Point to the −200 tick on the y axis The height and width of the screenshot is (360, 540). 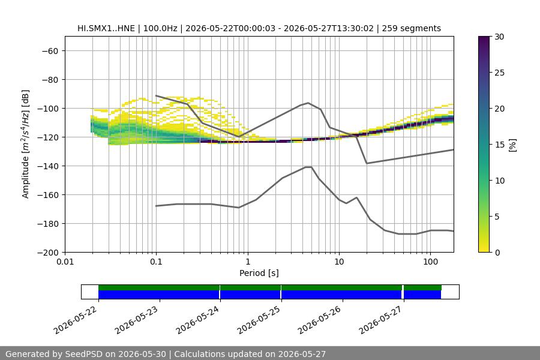pos(51,253)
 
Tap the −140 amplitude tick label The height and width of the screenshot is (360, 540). pos(51,166)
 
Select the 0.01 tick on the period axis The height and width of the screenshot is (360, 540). pos(65,262)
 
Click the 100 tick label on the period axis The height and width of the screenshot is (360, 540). pos(430,262)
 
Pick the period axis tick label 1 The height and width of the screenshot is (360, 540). pos(248,262)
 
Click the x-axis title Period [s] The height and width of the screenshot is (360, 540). pos(259,273)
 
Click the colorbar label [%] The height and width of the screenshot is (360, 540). pos(513,145)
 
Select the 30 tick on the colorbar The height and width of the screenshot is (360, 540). pos(499,37)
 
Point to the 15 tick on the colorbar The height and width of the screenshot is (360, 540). pos(499,145)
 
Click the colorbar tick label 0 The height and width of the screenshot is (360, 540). pos(497,253)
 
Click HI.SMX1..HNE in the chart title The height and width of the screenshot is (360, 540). pos(106,28)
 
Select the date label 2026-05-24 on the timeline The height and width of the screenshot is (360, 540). pos(197,320)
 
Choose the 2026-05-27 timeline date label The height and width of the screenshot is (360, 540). pos(380,320)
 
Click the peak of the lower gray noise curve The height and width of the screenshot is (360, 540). pos(308,167)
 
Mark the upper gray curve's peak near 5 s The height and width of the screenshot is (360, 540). pos(308,103)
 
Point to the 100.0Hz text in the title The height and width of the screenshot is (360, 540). pos(160,28)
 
